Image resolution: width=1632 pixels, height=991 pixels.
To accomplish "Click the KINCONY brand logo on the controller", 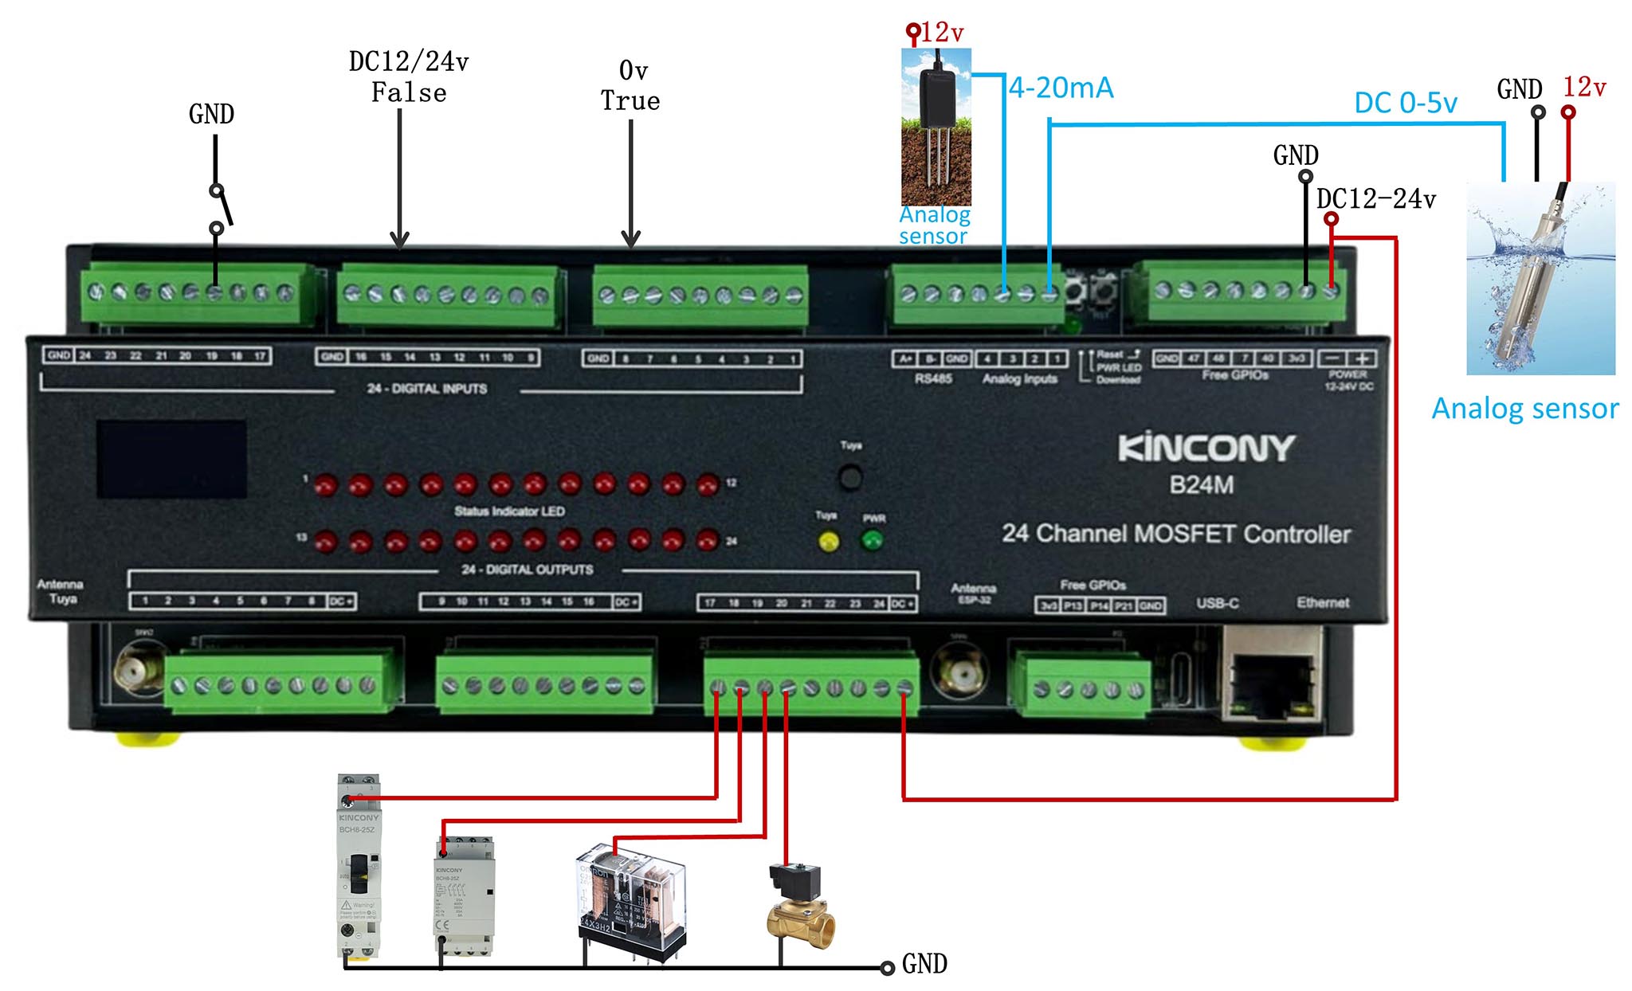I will click(x=1206, y=448).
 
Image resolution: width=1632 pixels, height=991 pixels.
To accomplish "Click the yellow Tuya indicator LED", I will click(x=829, y=543).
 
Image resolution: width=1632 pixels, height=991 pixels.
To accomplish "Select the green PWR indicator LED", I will click(x=873, y=541).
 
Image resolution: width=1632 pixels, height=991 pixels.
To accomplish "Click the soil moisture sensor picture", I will click(x=936, y=127).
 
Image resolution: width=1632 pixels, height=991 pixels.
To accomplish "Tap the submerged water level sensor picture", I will click(x=1540, y=278).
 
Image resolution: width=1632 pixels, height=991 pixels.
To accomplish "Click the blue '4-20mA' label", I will click(x=1061, y=88).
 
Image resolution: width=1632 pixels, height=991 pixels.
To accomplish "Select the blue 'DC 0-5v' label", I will click(x=1406, y=103).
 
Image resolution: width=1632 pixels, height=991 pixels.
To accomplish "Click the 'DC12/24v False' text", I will click(x=409, y=77).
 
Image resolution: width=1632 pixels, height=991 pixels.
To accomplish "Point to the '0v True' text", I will click(x=630, y=86).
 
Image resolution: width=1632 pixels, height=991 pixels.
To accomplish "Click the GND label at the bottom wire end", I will click(x=924, y=965).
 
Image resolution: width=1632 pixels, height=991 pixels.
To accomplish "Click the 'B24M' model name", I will click(x=1201, y=485).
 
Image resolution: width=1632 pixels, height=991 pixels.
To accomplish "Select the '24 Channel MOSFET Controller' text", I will click(x=1176, y=534).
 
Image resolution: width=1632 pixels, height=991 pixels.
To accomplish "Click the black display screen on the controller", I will click(x=171, y=459).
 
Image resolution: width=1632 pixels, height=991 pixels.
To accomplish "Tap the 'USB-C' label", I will click(x=1217, y=603).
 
